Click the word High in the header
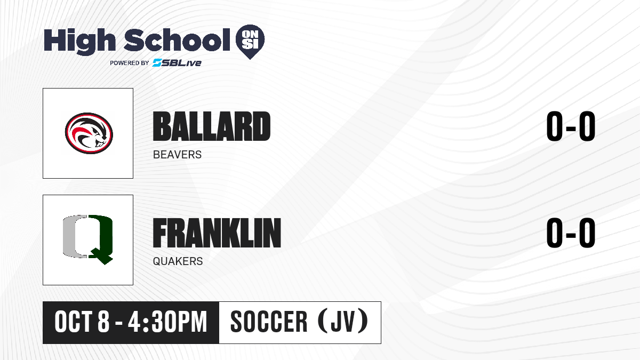(79, 41)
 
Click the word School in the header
(177, 39)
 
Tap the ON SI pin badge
(250, 42)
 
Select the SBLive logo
(177, 63)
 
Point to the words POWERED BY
(130, 63)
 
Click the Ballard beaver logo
(89, 133)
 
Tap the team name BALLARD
(211, 126)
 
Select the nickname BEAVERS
(177, 155)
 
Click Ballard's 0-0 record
(571, 126)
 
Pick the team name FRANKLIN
(217, 233)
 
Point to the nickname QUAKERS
(178, 261)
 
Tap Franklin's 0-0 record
(571, 233)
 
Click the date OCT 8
(82, 322)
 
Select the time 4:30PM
(167, 322)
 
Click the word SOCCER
(269, 322)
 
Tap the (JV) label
(343, 322)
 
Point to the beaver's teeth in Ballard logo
(99, 144)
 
